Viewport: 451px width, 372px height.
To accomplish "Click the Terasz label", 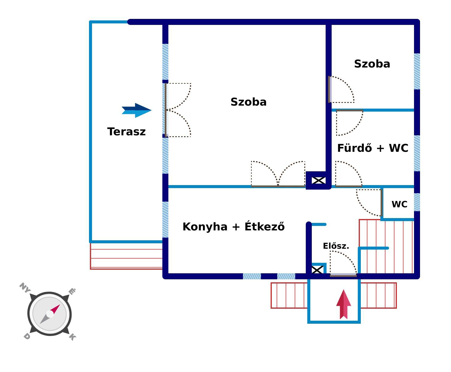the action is tap(126, 132).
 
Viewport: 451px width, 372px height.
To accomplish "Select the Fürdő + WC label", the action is tap(373, 148).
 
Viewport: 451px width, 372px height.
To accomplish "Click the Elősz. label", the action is tap(336, 246).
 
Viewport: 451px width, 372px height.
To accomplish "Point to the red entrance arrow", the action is tap(343, 304).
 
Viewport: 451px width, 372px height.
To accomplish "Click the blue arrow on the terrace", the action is tap(137, 110).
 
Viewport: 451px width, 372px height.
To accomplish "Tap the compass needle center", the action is tap(50, 314).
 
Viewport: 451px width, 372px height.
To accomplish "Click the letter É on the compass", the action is tap(72, 291).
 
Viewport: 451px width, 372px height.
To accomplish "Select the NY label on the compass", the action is tap(25, 288).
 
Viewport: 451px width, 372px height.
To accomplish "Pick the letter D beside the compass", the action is tap(27, 336).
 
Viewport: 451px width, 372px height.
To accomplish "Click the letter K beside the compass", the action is tap(72, 337).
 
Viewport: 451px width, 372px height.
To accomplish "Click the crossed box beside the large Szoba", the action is tap(319, 180).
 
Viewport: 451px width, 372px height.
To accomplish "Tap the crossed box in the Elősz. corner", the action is tap(318, 270).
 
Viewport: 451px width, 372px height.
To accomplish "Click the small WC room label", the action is tap(399, 204).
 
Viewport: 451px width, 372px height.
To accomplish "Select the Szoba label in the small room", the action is tap(372, 64).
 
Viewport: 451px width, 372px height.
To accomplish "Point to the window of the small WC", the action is tap(417, 202).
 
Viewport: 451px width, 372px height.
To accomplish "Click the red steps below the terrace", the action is tap(126, 256).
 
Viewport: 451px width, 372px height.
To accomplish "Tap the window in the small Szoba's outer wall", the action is tap(417, 71).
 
